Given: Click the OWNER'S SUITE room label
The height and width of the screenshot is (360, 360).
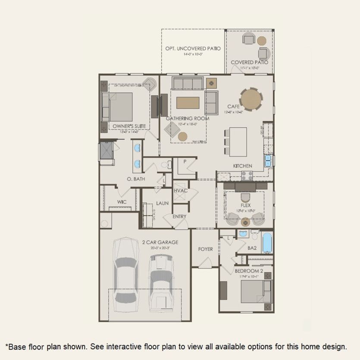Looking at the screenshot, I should click(x=129, y=126).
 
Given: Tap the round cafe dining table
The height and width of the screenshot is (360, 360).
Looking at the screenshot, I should click(x=251, y=99).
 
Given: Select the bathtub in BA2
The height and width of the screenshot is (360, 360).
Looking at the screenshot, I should click(x=267, y=243).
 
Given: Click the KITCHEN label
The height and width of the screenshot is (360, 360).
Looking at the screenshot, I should click(x=243, y=166).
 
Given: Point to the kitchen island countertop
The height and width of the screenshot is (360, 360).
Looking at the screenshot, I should click(x=238, y=141).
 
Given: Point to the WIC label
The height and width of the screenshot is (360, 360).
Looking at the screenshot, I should click(x=122, y=202).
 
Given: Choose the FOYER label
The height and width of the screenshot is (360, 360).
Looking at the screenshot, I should click(x=206, y=249).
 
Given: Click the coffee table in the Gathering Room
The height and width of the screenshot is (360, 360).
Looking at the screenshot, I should click(x=188, y=103).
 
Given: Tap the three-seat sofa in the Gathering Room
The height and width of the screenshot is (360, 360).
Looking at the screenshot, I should click(x=188, y=82).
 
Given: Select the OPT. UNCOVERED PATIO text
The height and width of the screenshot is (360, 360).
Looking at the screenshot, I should click(x=193, y=49).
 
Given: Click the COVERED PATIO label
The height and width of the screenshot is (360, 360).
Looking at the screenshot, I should click(x=249, y=63).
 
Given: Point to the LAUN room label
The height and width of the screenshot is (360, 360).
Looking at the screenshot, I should click(x=162, y=203).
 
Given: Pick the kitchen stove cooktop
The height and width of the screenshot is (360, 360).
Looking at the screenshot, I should click(x=247, y=175).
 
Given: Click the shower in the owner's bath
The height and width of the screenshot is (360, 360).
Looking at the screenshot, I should click(x=106, y=151).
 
